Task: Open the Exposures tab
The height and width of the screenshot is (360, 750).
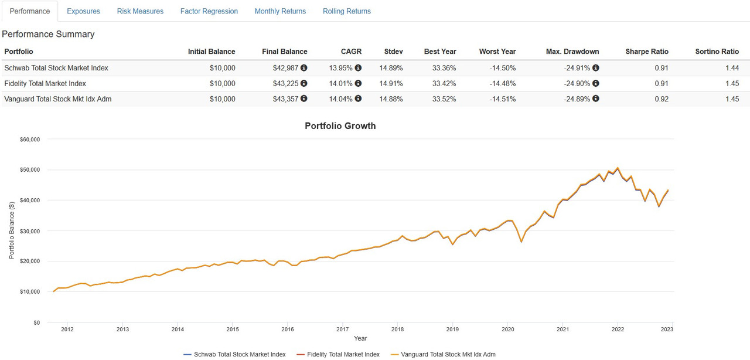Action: (x=83, y=11)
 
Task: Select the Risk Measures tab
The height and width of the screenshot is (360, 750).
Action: (x=140, y=11)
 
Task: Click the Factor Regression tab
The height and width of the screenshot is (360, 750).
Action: (x=209, y=11)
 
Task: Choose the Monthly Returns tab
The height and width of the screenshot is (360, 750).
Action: (x=280, y=11)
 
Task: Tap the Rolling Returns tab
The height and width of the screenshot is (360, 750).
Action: (x=347, y=11)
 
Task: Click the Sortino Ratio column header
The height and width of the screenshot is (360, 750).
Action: (x=717, y=52)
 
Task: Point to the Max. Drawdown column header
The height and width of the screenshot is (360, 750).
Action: (x=572, y=52)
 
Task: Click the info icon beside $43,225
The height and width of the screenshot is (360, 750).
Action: (x=304, y=84)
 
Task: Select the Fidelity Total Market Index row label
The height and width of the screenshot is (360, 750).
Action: (x=45, y=84)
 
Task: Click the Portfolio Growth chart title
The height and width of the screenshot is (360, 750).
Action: (x=340, y=126)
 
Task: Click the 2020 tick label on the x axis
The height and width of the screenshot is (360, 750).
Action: (x=507, y=330)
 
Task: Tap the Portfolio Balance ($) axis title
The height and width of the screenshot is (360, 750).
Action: (x=12, y=230)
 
